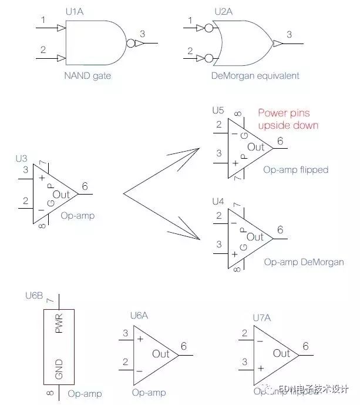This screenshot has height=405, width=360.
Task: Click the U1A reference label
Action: coord(76,11)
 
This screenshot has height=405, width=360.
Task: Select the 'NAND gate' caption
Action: coord(88,76)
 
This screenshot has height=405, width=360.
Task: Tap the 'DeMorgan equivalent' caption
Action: coord(255,76)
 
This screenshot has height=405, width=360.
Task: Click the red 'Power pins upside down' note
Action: coord(288,119)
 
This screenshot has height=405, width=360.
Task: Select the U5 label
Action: coord(218,110)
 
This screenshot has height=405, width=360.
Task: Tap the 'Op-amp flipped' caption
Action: coord(296,170)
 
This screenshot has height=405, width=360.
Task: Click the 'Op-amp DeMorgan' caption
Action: coord(304,262)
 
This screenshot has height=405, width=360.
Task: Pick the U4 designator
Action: coord(218,202)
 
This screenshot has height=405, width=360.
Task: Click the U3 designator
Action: coord(22,159)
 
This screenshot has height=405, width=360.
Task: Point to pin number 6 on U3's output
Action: coord(85,187)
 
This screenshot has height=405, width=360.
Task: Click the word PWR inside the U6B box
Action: coord(59,323)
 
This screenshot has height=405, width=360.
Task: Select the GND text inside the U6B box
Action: coord(59,369)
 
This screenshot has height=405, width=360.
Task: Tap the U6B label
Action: coord(34,295)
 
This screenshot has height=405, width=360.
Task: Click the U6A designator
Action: coord(139,316)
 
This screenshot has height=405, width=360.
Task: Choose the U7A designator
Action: coord(263,318)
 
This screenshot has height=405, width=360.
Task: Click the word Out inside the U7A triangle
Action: coord(281,353)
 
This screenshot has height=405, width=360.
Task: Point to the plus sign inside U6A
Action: coord(140,339)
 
